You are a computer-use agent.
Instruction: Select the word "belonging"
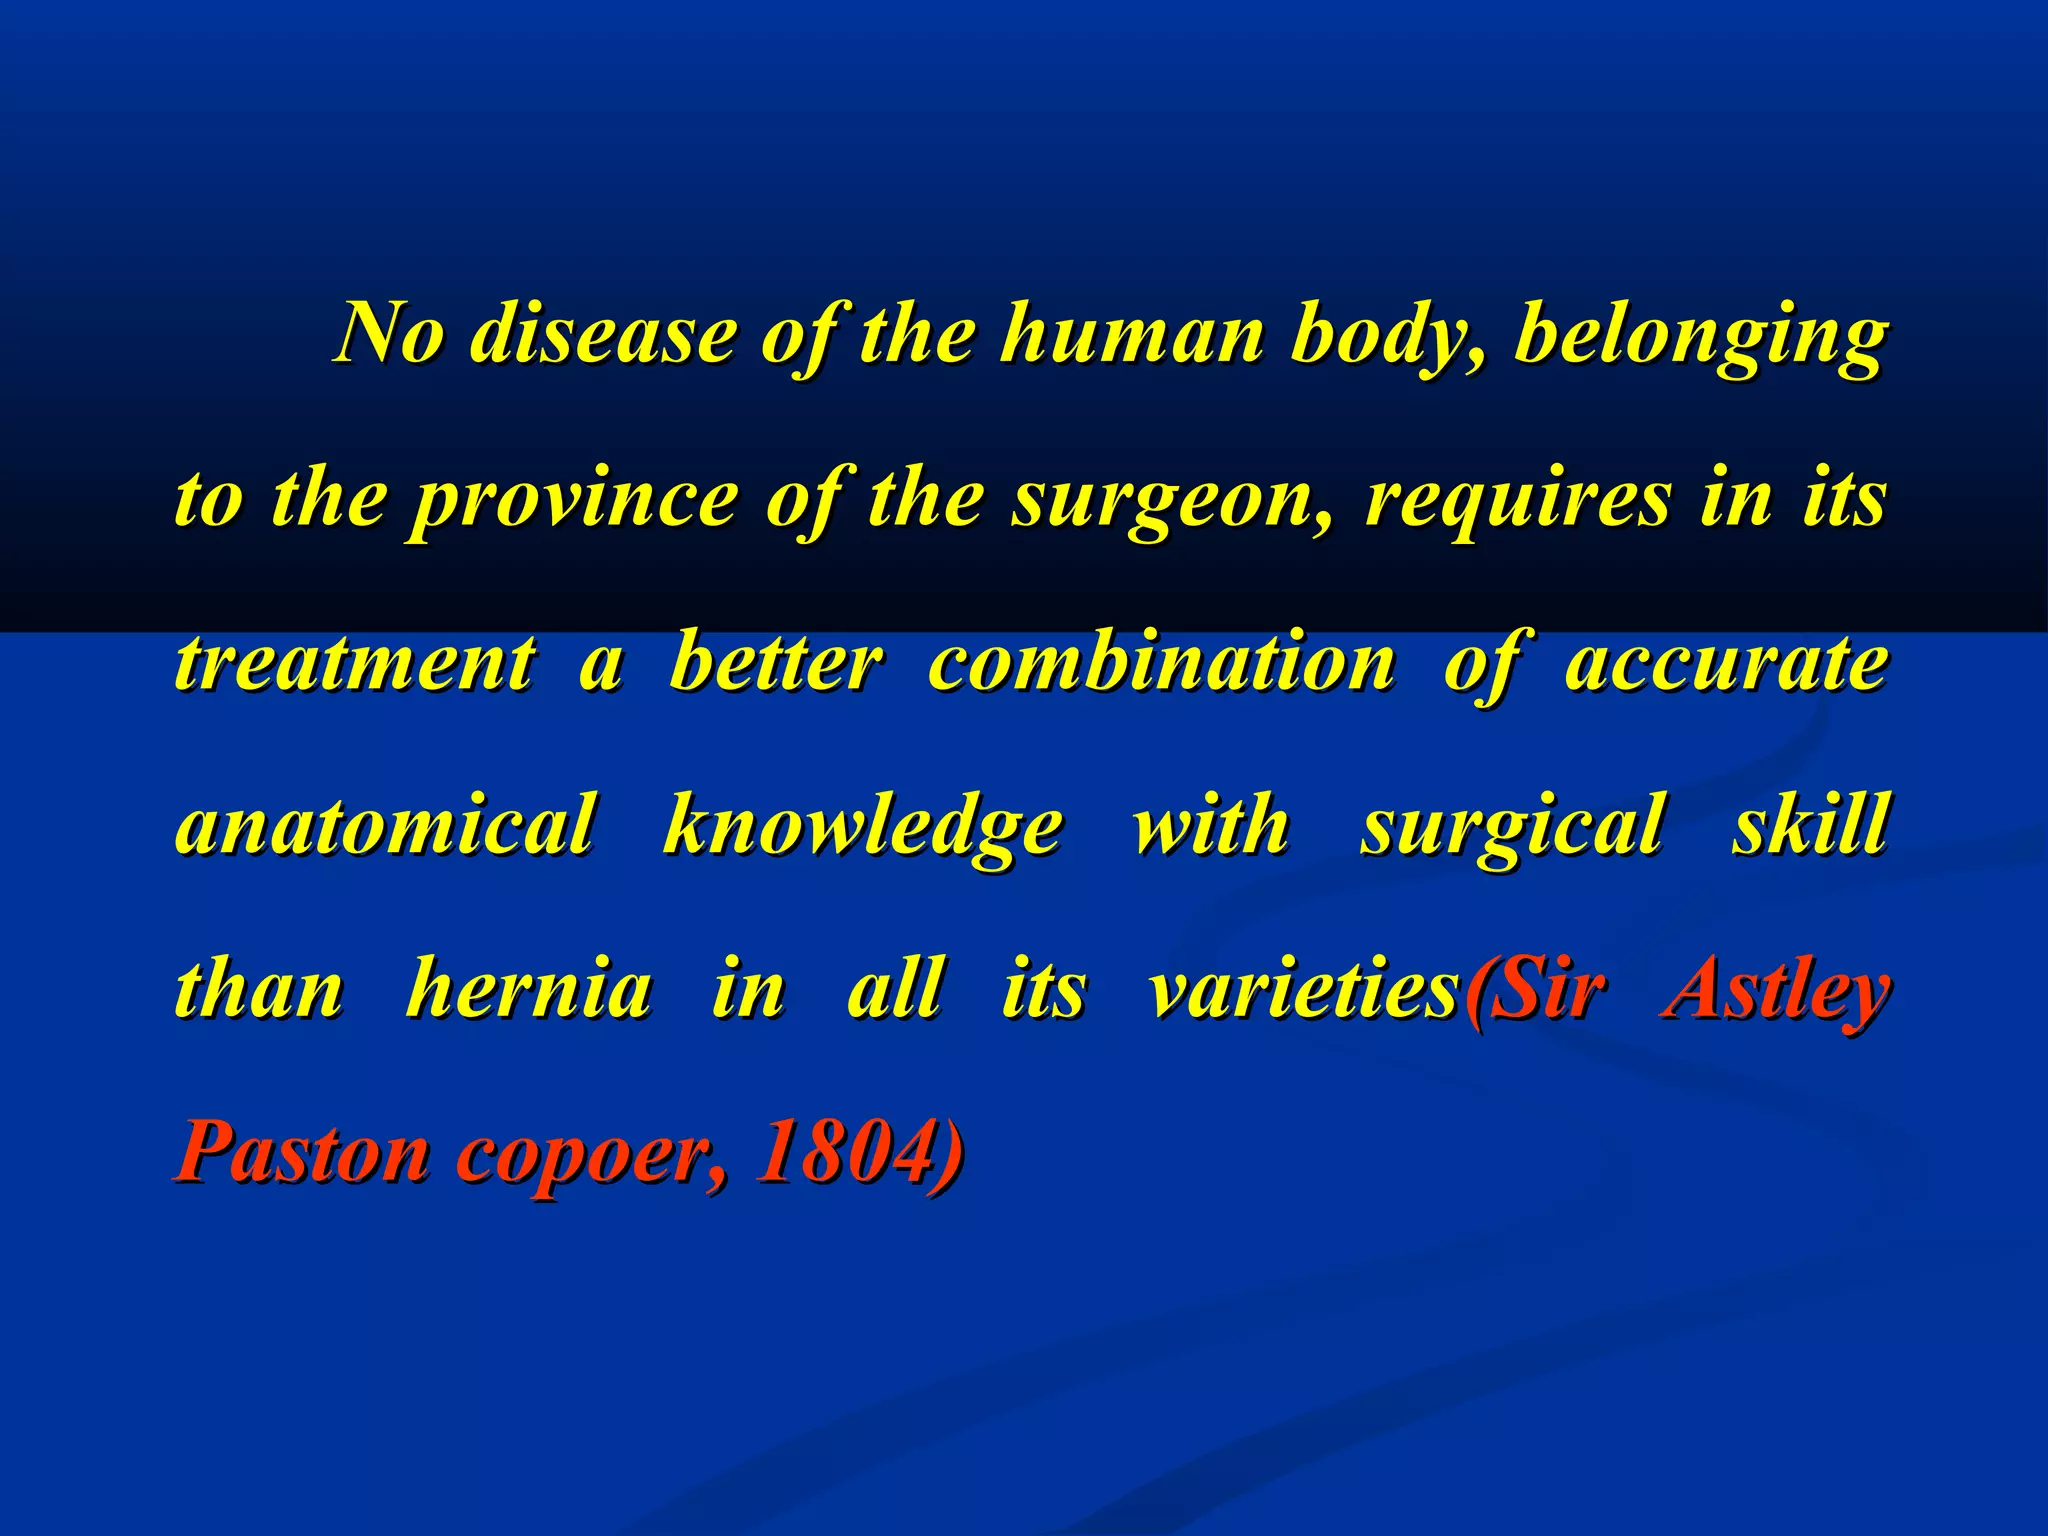coord(1700,336)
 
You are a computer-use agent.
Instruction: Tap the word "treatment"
coord(355,662)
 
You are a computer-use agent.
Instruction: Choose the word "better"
coord(775,662)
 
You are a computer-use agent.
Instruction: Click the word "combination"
coord(1160,662)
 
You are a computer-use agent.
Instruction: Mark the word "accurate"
coord(1726,662)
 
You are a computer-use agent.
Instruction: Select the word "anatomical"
coord(385,826)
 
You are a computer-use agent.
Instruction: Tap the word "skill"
coord(1810,826)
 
